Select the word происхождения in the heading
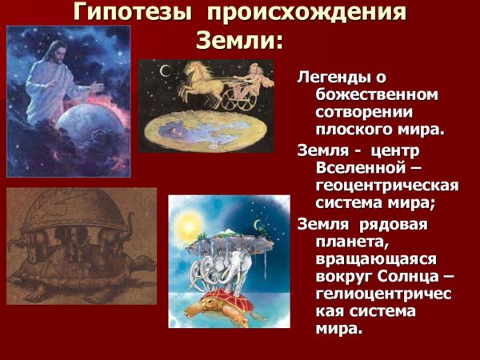coord(309,14)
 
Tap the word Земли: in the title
coord(239,41)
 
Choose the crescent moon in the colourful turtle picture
coord(258,225)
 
